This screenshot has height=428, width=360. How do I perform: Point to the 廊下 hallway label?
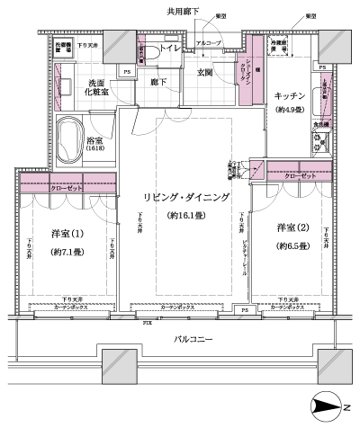click(158, 81)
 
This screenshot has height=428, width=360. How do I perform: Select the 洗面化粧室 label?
click(92, 86)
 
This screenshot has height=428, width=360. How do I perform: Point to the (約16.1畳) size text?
click(190, 216)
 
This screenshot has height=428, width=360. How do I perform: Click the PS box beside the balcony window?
click(245, 310)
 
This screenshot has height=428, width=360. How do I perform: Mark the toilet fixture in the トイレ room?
click(153, 55)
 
